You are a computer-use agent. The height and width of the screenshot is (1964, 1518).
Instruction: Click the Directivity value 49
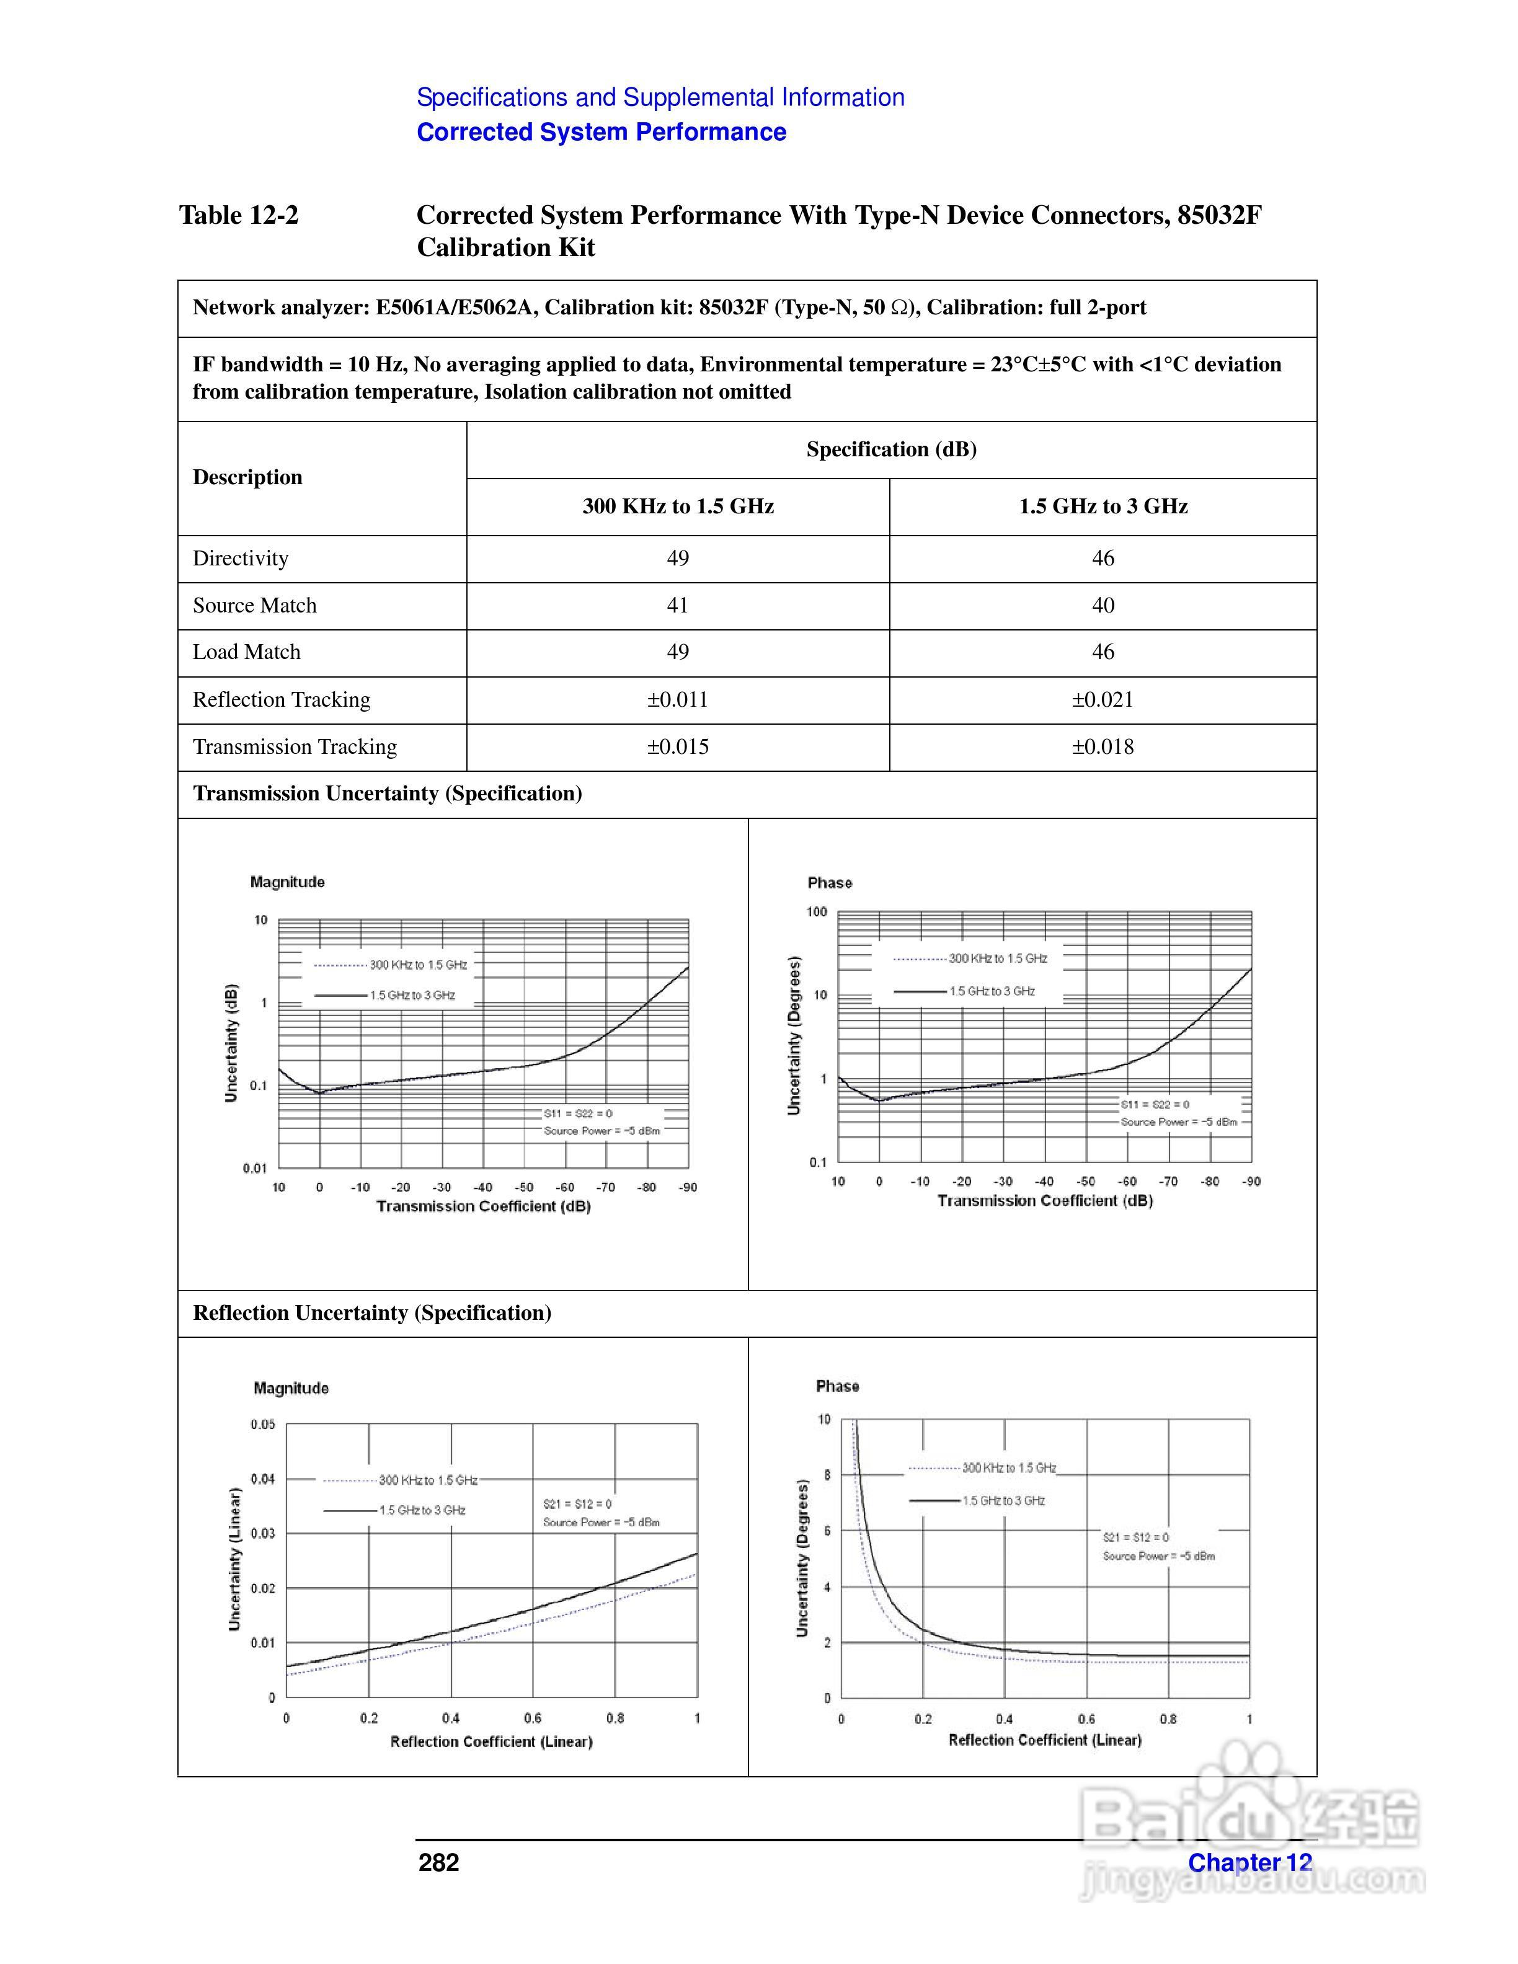[x=677, y=559]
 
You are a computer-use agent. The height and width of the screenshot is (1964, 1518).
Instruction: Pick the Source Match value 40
[x=1103, y=605]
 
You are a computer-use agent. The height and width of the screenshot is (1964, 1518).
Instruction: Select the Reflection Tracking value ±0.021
[x=1103, y=700]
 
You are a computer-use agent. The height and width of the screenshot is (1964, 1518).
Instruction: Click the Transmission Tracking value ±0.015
[x=677, y=746]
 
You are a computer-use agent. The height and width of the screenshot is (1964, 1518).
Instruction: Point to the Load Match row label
[x=246, y=652]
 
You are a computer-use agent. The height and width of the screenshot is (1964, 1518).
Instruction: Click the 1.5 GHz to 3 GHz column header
[x=1103, y=506]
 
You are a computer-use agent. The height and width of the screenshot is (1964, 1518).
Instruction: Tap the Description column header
[x=247, y=477]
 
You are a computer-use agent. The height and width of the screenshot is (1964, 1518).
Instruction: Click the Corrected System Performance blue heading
[x=601, y=132]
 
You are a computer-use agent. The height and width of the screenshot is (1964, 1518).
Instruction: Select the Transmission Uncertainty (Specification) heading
[x=388, y=793]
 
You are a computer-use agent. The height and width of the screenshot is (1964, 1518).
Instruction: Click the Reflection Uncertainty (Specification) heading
[x=371, y=1313]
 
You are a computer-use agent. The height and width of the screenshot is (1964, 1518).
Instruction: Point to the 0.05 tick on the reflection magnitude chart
[x=262, y=1425]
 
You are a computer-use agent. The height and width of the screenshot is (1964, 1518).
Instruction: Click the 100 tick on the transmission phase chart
[x=817, y=912]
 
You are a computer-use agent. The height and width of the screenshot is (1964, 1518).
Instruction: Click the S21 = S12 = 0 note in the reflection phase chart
[x=1136, y=1537]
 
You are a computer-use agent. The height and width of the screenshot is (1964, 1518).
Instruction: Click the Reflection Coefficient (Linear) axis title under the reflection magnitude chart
[x=491, y=1742]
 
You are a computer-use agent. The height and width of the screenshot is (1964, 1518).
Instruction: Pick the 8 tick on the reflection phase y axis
[x=827, y=1475]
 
